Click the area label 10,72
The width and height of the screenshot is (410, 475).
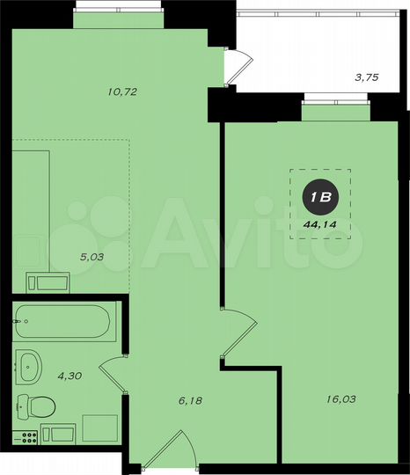click(122, 91)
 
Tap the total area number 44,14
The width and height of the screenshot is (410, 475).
click(320, 225)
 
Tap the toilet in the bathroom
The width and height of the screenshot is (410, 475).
click(36, 406)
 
